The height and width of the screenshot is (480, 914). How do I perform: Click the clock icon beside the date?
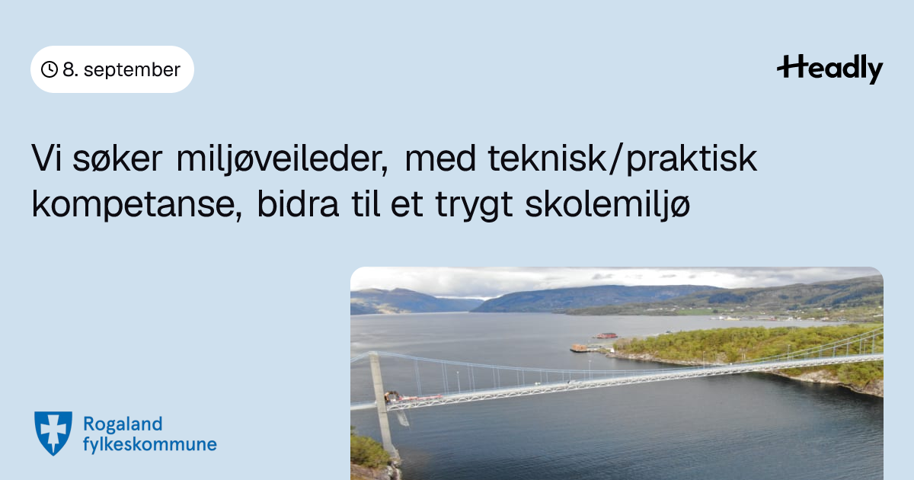click(50, 69)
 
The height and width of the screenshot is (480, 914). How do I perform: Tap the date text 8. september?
click(121, 70)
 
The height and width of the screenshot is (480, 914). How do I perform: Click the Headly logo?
click(830, 69)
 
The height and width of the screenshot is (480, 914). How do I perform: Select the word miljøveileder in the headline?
click(283, 159)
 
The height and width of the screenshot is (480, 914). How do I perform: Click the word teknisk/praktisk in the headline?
click(622, 159)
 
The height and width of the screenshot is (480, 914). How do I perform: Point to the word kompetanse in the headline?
click(137, 205)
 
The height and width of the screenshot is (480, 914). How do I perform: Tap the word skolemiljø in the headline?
click(608, 205)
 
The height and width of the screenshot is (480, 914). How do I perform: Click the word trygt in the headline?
click(474, 206)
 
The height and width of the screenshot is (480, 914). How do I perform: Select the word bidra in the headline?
click(298, 204)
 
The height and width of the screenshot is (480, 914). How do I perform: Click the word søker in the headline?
click(117, 159)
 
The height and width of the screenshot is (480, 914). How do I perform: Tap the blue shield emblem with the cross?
click(53, 433)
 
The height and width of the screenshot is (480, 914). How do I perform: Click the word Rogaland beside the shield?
click(123, 425)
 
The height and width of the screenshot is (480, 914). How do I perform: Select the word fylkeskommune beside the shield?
click(150, 444)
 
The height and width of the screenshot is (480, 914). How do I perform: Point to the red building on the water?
click(606, 335)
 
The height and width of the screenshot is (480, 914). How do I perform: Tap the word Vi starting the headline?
click(46, 158)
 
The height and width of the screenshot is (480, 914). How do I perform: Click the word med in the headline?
click(440, 158)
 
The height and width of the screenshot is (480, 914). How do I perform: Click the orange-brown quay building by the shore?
click(580, 347)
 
